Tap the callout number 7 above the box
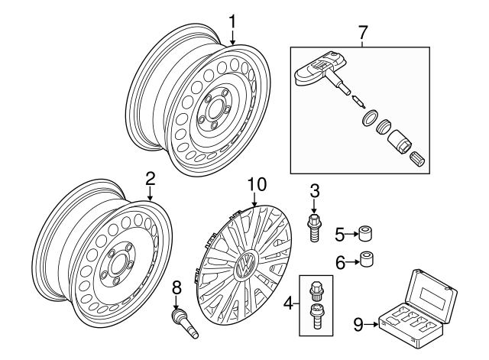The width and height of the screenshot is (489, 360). point(362,32)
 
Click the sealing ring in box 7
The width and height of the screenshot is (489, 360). point(368,117)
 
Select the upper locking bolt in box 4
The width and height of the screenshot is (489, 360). point(314,292)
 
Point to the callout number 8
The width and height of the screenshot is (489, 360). point(176,289)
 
